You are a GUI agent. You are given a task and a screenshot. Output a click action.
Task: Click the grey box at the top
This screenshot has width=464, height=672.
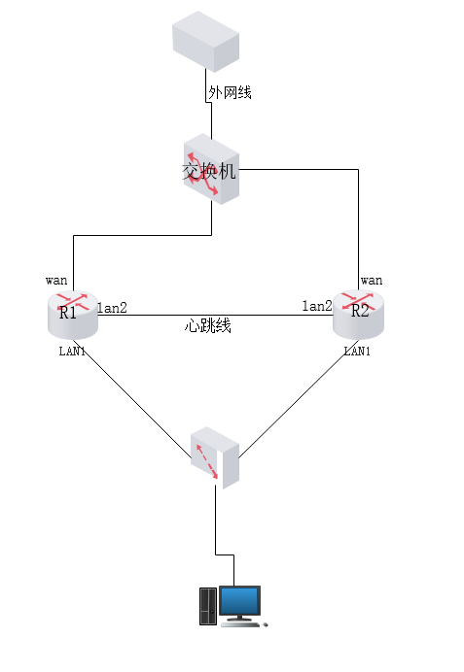205,42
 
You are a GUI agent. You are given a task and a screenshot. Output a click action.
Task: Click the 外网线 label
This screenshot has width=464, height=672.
230,92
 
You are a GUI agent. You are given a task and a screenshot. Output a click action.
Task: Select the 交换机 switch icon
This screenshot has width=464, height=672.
211,169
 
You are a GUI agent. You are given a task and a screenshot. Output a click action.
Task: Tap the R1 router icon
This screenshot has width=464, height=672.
73,315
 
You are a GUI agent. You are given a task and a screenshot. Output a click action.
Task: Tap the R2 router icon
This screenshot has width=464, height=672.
358,314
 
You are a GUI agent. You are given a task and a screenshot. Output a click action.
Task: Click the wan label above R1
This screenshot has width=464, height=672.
56,281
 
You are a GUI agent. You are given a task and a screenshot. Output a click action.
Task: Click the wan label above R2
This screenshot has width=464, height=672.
372,281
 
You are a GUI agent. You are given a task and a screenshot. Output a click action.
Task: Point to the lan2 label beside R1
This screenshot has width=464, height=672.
112,308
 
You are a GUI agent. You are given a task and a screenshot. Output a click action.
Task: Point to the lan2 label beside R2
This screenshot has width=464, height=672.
317,306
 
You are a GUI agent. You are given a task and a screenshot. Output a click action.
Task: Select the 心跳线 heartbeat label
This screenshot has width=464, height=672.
208,325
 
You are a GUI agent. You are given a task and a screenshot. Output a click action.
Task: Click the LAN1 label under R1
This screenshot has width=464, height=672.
72,352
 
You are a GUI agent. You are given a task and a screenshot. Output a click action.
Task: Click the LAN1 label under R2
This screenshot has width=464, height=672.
357,352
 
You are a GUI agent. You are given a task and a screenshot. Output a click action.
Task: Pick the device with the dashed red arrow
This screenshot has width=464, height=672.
215,457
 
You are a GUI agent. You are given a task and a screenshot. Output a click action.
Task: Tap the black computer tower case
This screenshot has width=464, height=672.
208,606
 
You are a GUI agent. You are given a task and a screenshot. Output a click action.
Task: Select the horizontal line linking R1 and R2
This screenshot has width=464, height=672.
216,315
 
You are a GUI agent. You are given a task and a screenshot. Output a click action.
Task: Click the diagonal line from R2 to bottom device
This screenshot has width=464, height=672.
299,399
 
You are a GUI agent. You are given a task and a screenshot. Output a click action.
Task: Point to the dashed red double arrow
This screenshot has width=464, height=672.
207,461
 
